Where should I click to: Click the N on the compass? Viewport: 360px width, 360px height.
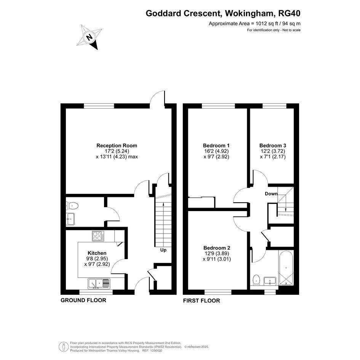coord(89,37)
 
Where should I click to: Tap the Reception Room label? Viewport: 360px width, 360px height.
coord(117,146)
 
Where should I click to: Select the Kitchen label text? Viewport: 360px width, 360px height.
coord(97,253)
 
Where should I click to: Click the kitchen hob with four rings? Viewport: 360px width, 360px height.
coord(98,236)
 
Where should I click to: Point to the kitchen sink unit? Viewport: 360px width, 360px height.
coord(99,283)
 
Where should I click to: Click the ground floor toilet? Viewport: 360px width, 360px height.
coord(72,206)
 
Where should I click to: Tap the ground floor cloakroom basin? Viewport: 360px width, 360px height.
coord(70,219)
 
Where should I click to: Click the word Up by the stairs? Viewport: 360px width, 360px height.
coord(163,250)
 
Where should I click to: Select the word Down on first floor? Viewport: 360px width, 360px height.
coord(271,194)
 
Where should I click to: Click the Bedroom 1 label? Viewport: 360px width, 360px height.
coord(216,146)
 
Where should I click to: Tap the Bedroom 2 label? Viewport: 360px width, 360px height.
coord(217,248)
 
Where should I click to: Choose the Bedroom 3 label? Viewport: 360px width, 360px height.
coord(273,146)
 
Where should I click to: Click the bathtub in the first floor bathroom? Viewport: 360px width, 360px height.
coord(286,268)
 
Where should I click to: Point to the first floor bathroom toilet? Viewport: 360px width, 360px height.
coord(256,280)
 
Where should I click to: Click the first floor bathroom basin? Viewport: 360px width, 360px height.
coord(270,280)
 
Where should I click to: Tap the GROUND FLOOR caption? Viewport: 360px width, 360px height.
coord(83,300)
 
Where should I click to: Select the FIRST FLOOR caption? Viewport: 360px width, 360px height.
coord(202,301)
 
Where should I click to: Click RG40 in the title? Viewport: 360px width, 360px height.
coord(289,14)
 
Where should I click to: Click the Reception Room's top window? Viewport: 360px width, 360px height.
coord(99,106)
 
